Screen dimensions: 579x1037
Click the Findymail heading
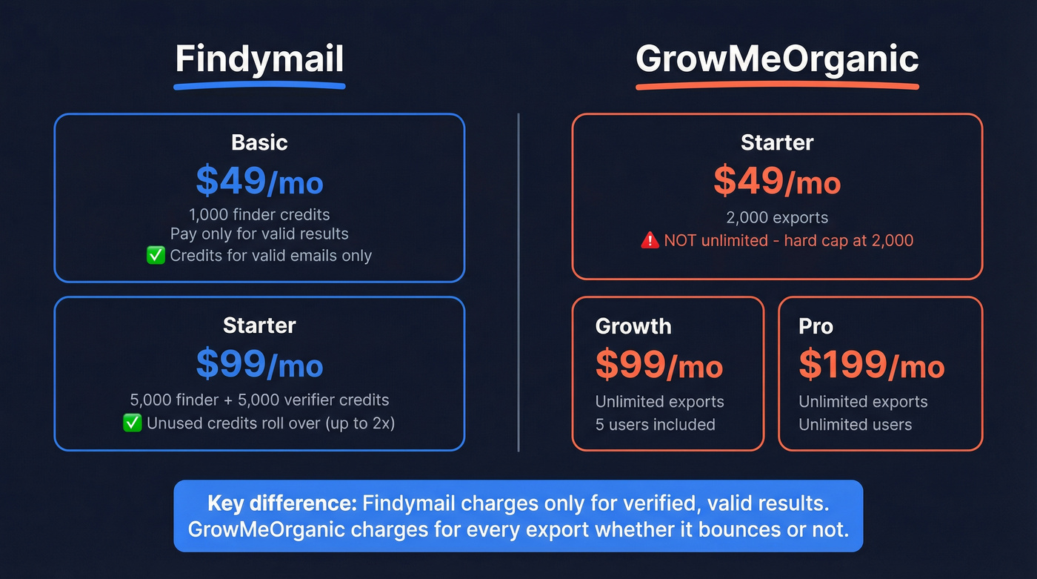pos(259,59)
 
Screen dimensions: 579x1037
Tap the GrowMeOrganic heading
pos(777,59)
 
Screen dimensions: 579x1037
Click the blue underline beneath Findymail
pos(259,86)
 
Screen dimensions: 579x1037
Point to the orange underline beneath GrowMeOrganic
pos(777,86)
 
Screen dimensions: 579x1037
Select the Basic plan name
pos(259,142)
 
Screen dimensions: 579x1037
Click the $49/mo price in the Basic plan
pos(259,180)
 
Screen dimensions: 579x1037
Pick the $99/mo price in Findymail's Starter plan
pos(259,363)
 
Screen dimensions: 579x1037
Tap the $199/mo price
pos(871,364)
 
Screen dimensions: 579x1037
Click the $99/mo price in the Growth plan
pos(658,364)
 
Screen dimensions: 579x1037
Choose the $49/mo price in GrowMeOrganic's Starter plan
pos(777,180)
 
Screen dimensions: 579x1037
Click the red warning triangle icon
pos(650,240)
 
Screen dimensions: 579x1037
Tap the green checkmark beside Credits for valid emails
pos(156,256)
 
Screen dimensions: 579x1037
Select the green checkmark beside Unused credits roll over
pos(133,423)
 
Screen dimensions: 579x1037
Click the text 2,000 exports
pos(777,218)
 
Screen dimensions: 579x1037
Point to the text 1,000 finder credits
pos(259,215)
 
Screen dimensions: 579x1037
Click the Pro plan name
pos(816,326)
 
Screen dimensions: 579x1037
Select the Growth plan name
pos(633,326)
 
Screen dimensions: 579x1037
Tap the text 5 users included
pos(655,425)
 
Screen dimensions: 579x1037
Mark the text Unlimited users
pos(855,425)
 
